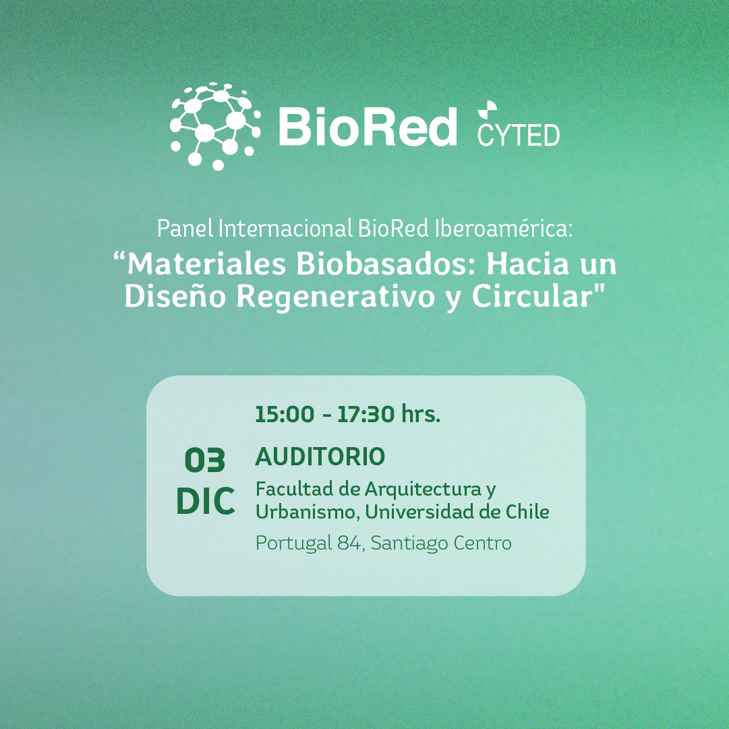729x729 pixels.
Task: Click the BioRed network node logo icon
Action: [215, 127]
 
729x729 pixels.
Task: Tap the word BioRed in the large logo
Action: [368, 127]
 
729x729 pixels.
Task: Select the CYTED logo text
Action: [519, 136]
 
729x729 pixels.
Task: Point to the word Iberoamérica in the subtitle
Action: [504, 229]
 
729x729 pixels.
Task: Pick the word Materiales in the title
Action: [206, 264]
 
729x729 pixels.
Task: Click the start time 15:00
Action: [285, 414]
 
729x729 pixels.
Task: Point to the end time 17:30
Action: [366, 414]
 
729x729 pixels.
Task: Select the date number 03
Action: [205, 461]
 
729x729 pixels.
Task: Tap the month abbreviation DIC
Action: [206, 501]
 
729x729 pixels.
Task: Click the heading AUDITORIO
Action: [320, 457]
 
